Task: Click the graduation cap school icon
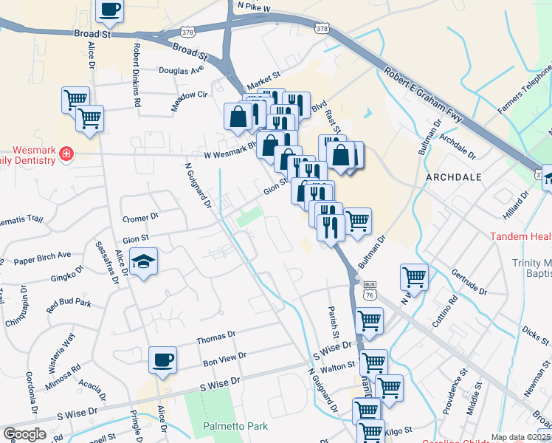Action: coord(144,261)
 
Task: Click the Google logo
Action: coord(24,433)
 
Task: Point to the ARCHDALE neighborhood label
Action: coord(455,178)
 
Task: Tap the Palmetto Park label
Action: coord(235,426)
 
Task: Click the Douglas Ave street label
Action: coord(182,70)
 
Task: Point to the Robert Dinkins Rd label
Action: coord(137,76)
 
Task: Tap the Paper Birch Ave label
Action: coord(42,258)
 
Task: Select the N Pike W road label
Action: coord(252,6)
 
